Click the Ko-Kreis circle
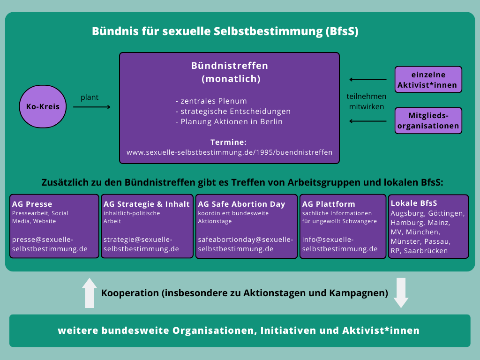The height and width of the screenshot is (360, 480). click(x=43, y=107)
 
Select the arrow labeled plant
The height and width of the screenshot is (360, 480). click(x=92, y=107)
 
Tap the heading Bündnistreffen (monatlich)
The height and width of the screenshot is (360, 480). click(x=229, y=72)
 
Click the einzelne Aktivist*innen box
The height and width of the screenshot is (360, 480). click(x=428, y=80)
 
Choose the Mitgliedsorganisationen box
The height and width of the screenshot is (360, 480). click(x=428, y=120)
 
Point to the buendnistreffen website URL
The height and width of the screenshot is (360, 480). click(x=229, y=152)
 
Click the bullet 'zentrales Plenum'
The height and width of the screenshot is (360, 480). click(x=211, y=101)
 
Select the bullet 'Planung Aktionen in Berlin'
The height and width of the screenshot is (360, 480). click(x=229, y=122)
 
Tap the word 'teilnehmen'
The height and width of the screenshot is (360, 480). click(x=367, y=96)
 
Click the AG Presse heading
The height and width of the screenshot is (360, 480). click(x=32, y=204)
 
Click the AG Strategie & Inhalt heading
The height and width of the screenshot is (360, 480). click(x=147, y=204)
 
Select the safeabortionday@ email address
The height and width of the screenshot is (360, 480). click(x=246, y=244)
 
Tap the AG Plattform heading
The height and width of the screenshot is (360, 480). click(x=329, y=204)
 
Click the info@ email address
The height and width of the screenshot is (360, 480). click(x=340, y=244)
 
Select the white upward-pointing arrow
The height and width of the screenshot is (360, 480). click(x=90, y=293)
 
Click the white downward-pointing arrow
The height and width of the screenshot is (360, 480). click(x=401, y=293)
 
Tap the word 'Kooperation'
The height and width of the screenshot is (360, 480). click(x=130, y=293)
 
